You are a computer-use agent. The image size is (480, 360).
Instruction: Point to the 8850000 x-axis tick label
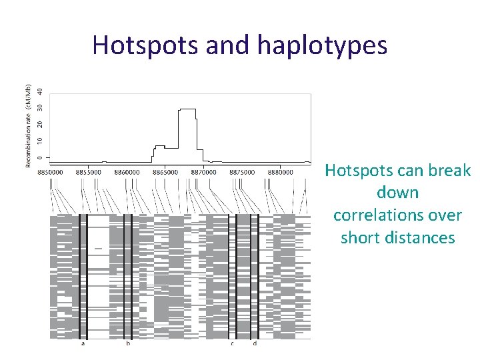(51, 172)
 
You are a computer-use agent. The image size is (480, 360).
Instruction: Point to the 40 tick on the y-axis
(40, 91)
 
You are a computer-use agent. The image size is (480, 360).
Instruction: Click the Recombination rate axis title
(29, 127)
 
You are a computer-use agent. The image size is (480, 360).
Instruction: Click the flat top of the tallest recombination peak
(187, 109)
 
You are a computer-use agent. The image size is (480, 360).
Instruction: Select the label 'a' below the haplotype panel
(83, 344)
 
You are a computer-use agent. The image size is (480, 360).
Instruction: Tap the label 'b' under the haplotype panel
(128, 344)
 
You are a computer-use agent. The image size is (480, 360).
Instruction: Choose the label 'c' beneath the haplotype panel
(232, 344)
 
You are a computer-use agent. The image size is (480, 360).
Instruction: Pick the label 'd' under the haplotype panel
(255, 344)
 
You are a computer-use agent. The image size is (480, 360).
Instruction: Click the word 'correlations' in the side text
(397, 215)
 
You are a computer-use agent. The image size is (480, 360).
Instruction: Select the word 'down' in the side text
(397, 193)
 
